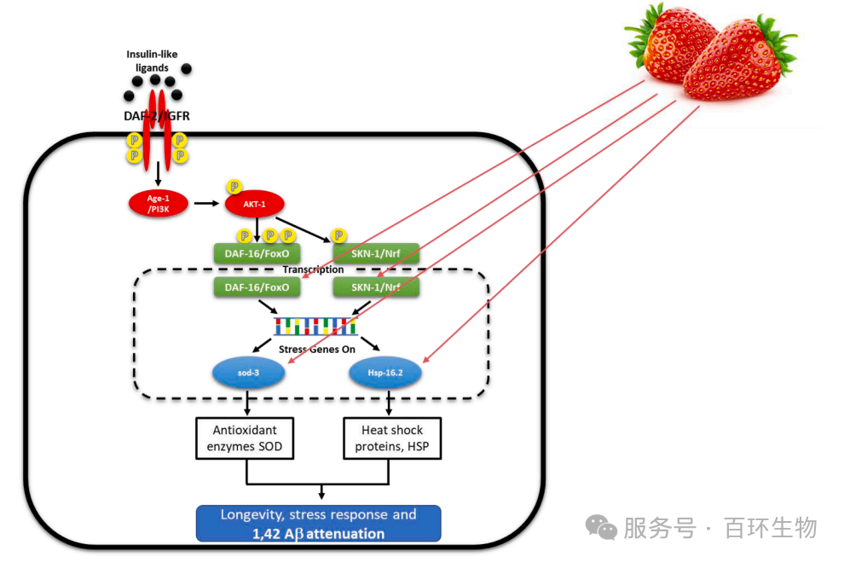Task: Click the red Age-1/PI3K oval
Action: [157, 203]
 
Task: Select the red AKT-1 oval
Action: [254, 204]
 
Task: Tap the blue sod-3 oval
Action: [247, 373]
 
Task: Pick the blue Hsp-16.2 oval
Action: [386, 373]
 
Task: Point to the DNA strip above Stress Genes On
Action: [316, 326]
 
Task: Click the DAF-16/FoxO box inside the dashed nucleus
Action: [257, 287]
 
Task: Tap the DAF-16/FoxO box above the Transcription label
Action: [257, 252]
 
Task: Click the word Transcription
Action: [314, 269]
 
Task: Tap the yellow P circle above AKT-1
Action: [233, 186]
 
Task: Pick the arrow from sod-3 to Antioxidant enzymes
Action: [247, 403]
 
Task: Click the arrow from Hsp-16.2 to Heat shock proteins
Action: [390, 403]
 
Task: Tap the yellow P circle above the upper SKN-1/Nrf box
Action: [338, 235]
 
